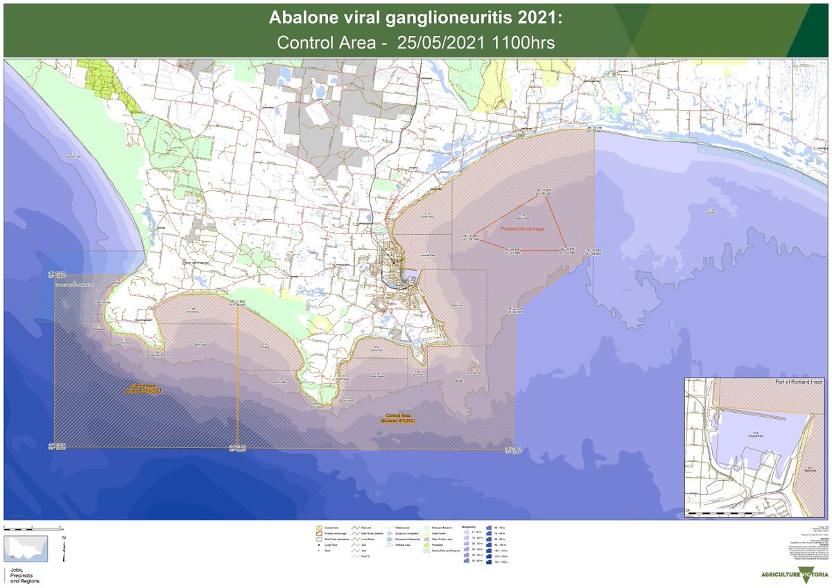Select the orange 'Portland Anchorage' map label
click(521, 229)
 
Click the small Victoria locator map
click(25, 549)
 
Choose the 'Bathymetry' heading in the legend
click(469, 526)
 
